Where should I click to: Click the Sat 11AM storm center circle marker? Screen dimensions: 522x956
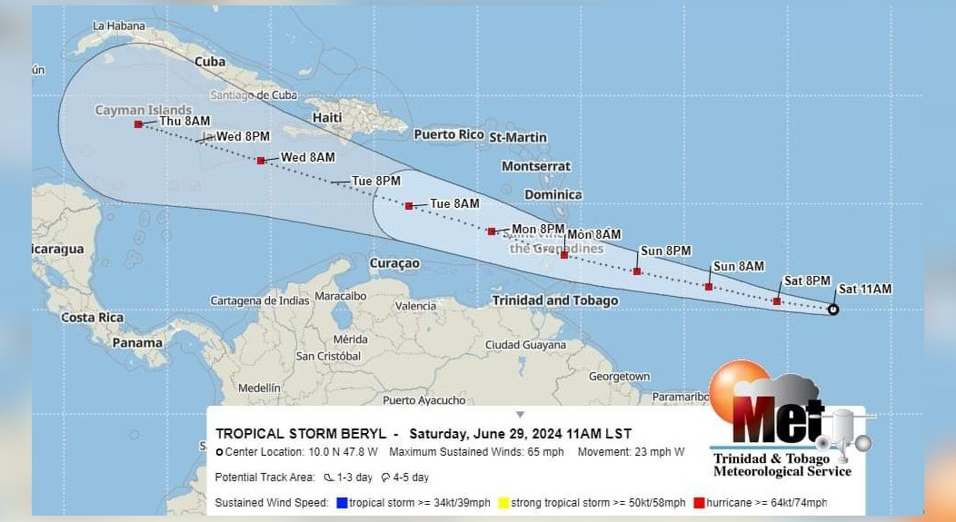tap(833, 310)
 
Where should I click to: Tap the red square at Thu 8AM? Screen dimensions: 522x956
tap(138, 124)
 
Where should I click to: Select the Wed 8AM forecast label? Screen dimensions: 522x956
tap(307, 157)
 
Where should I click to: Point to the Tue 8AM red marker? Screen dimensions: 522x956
tap(409, 206)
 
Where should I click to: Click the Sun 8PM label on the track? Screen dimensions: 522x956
tap(665, 251)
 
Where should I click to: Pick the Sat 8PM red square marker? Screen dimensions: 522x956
tap(777, 300)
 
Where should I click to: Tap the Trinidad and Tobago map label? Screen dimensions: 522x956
tap(554, 300)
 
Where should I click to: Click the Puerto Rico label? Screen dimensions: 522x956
tap(448, 134)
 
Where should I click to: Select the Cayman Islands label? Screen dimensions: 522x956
tap(144, 111)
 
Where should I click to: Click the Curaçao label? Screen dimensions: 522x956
tap(394, 263)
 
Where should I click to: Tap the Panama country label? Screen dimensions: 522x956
tap(137, 343)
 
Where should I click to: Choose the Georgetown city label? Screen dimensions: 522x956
tap(619, 377)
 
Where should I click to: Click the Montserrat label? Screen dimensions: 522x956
tap(536, 166)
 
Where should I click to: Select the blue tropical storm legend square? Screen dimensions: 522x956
tap(342, 502)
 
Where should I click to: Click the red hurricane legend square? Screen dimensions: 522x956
tap(699, 502)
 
